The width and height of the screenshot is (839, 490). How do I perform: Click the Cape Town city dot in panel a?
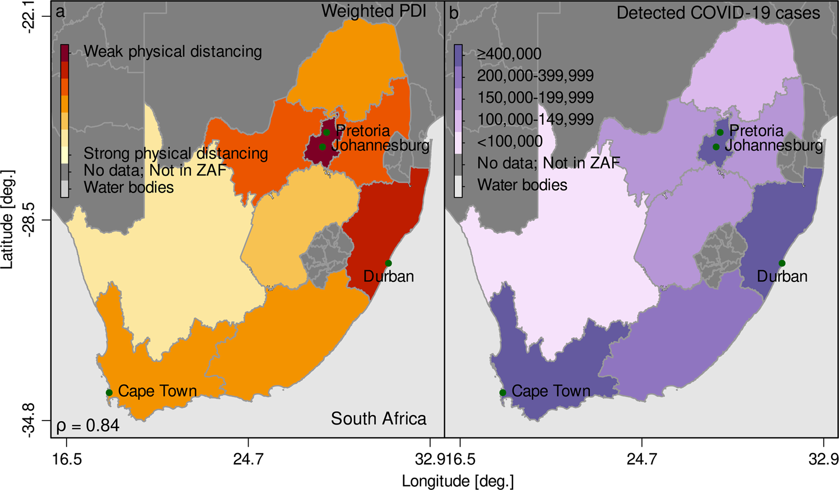coord(109,393)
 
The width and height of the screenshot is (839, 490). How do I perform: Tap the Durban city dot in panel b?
coord(782,263)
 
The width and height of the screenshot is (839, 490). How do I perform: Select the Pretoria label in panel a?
coord(363,131)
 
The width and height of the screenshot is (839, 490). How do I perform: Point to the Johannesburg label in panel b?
coord(773,146)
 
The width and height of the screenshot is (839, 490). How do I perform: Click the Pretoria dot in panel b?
coord(720,132)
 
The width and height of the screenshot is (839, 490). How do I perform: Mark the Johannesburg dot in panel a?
coord(323,147)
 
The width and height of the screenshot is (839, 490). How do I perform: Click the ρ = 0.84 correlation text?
coord(88,426)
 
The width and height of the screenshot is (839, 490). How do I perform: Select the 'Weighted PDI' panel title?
coord(374,11)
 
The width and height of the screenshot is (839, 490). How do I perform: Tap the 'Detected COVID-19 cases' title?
coord(718,13)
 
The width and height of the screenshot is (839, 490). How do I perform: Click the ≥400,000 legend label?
coord(509,54)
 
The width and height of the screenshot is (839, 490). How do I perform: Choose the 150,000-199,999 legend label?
coord(535,98)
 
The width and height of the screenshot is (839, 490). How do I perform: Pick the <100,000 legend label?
coord(510,142)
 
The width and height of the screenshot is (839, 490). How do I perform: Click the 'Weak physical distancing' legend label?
coord(173,52)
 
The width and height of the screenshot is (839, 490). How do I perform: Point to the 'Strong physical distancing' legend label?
coord(175,153)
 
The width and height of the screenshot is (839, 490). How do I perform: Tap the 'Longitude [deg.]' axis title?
coord(458,480)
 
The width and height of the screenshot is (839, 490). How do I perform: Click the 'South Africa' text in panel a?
coord(378,418)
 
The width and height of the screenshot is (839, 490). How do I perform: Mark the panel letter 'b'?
coord(453,13)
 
